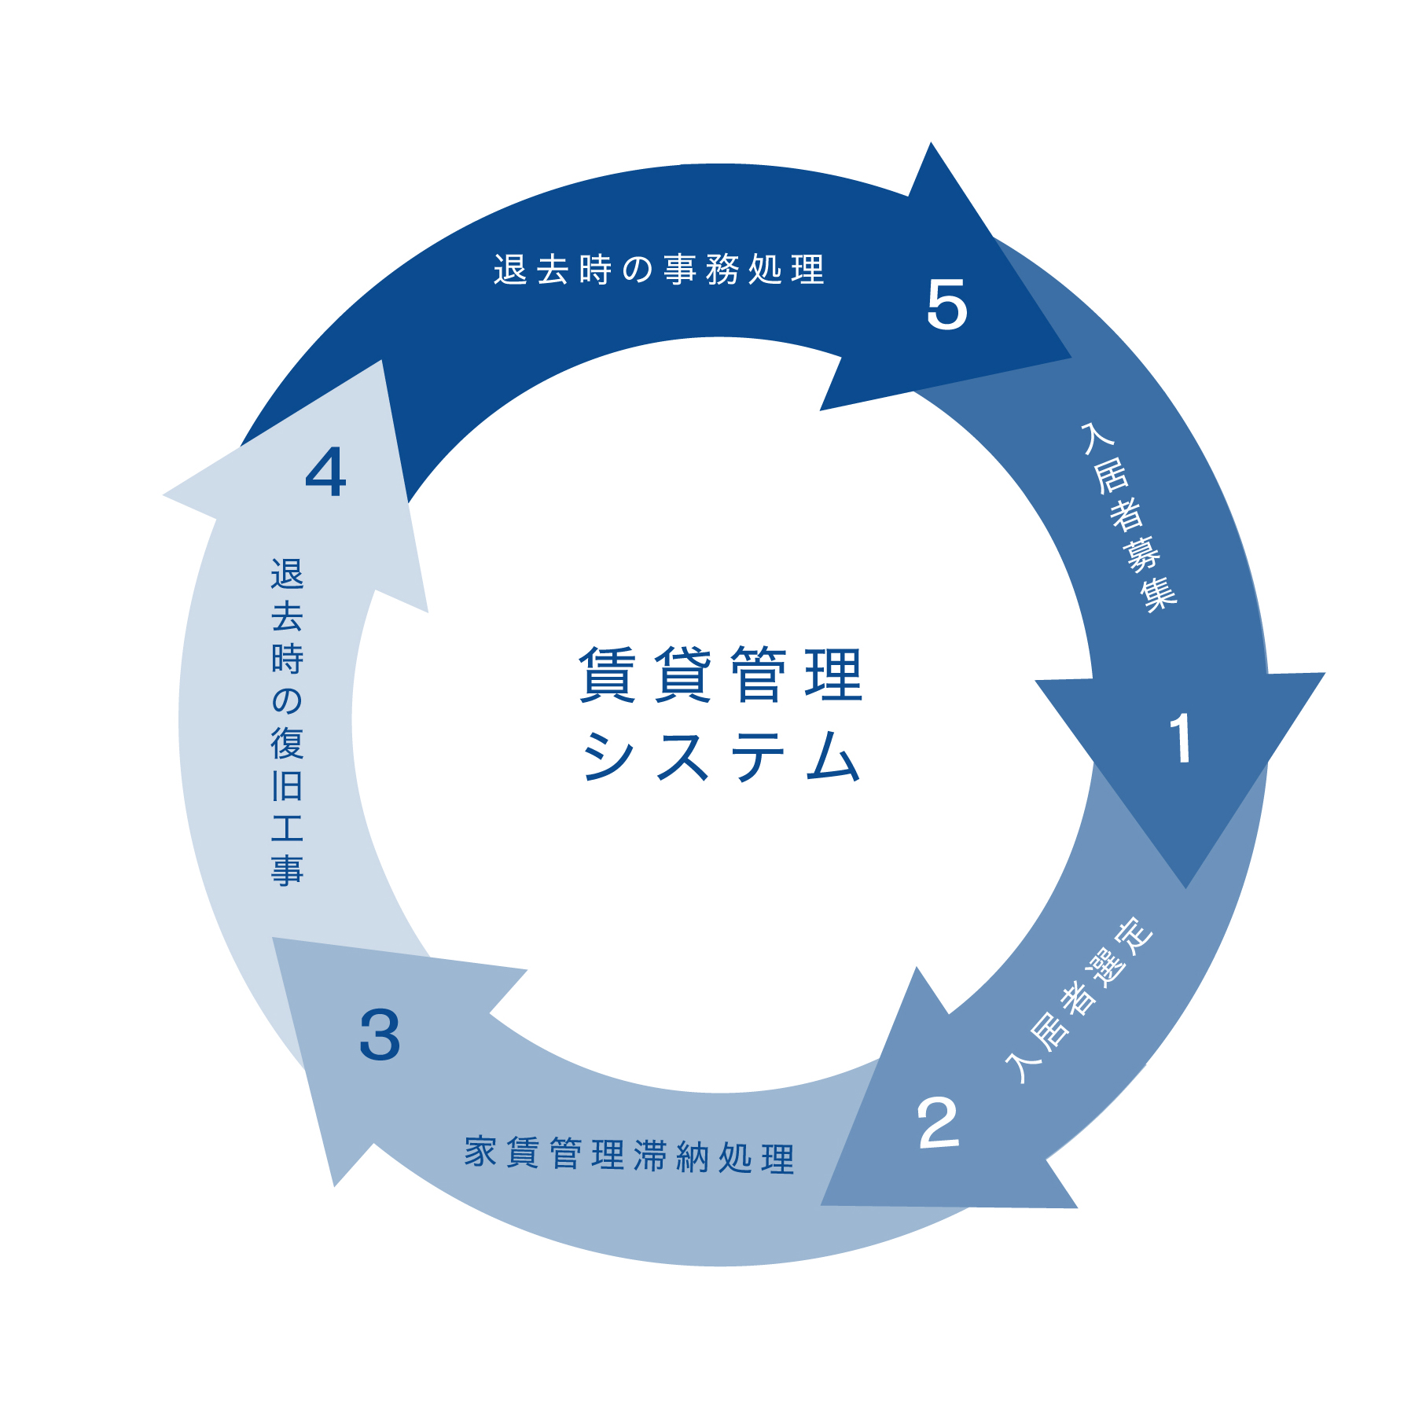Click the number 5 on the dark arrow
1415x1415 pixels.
(946, 305)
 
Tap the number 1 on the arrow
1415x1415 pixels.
(1181, 738)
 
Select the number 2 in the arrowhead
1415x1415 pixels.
(938, 1123)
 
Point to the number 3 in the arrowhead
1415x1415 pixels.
(380, 1035)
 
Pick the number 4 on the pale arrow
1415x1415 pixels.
(325, 472)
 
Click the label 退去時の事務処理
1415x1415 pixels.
(659, 270)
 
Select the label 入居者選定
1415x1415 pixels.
(1079, 1000)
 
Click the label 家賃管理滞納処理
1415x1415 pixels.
(630, 1155)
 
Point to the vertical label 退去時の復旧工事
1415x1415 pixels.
(287, 722)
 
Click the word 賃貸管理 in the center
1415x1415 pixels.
(721, 674)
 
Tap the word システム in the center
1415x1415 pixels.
(721, 756)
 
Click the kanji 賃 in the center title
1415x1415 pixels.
(607, 674)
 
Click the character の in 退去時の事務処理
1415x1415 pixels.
(638, 270)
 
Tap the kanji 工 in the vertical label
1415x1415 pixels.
(287, 828)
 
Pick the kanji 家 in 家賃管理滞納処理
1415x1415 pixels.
(480, 1152)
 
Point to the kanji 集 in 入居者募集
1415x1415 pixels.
(1160, 594)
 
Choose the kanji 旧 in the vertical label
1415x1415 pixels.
(287, 785)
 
